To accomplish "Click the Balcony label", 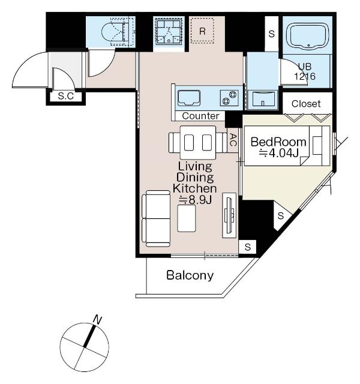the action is point(190,275).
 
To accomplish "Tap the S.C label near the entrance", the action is point(66,96).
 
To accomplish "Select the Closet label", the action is point(306,104).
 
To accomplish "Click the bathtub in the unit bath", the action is point(309,36).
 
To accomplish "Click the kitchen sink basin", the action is point(189,98).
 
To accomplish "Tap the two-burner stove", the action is point(229,98).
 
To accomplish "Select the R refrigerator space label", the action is point(202,31).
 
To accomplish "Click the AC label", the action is point(233,140).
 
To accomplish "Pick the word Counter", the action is point(200,116).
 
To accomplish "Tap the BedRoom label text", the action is point(278,142).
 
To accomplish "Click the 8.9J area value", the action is point(196,200).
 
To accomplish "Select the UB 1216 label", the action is point(305,71).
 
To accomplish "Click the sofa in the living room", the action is point(156,218).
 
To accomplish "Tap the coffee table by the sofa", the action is point(187,218).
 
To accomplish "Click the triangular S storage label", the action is point(281,216).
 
